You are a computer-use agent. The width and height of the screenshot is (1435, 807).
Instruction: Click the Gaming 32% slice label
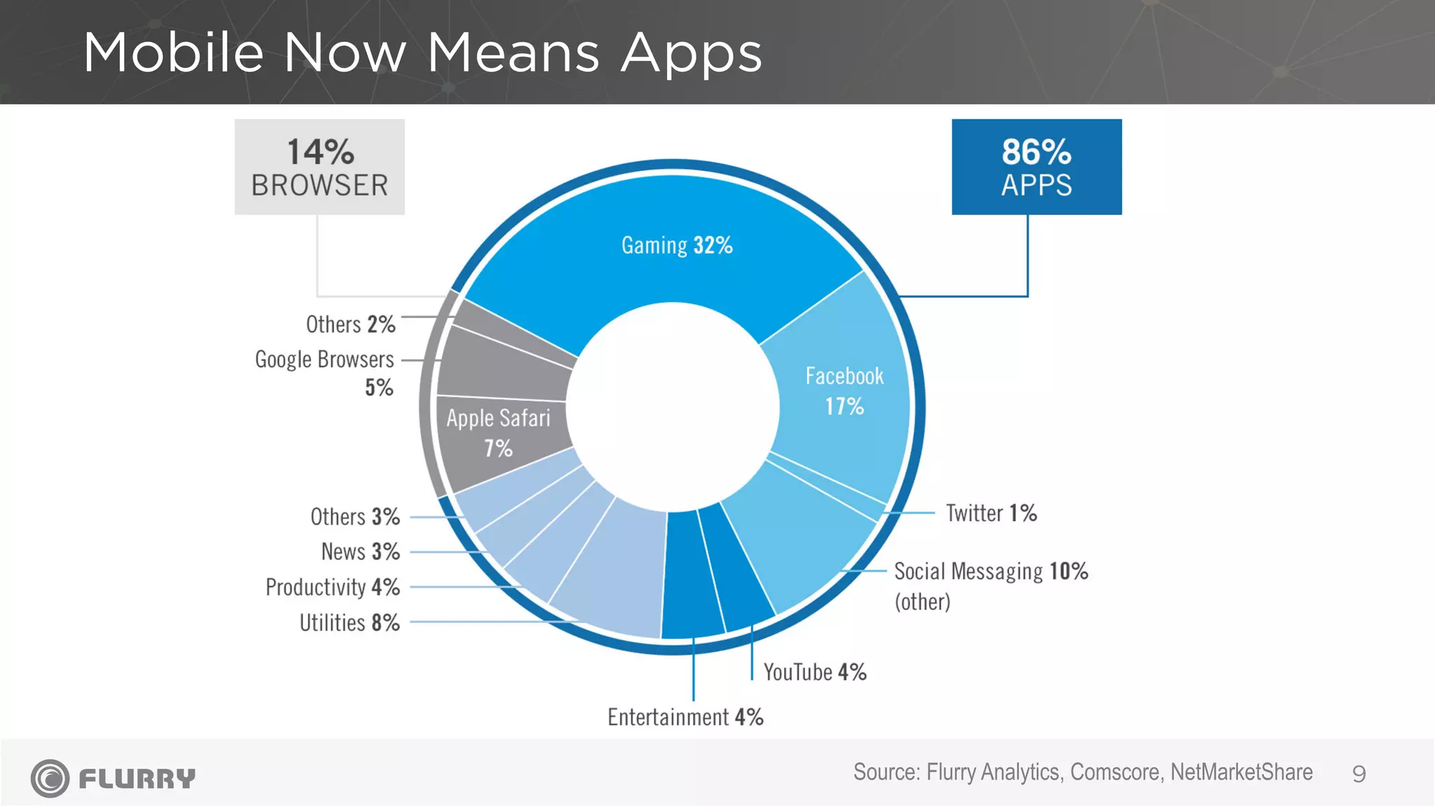(677, 245)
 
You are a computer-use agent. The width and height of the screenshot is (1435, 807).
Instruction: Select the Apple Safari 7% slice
(498, 432)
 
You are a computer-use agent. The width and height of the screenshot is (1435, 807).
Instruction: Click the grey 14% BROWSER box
(320, 167)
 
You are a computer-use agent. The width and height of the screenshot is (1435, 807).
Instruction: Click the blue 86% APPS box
(1036, 167)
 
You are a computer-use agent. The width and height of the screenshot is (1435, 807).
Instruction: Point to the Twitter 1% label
(991, 513)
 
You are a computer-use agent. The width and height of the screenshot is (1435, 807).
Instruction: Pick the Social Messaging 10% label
(990, 572)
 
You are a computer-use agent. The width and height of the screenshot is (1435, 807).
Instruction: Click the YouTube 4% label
(815, 672)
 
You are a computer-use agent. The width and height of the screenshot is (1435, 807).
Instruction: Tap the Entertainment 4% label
(685, 717)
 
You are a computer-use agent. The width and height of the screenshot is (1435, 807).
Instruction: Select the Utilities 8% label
(350, 623)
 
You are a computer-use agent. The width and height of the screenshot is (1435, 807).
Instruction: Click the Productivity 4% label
(333, 587)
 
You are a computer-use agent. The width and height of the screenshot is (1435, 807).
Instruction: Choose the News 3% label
(360, 552)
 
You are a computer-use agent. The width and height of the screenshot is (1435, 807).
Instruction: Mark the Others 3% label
(355, 517)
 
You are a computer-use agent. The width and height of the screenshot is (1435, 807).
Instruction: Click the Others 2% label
(350, 324)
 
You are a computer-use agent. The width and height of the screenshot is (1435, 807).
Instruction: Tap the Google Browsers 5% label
(324, 371)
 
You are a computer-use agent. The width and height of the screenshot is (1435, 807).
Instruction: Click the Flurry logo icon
(50, 778)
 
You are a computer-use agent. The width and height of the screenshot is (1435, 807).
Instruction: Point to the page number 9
(1359, 774)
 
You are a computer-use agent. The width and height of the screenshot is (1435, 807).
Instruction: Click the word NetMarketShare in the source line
(1241, 772)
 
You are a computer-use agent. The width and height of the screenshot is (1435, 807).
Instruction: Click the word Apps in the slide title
(691, 53)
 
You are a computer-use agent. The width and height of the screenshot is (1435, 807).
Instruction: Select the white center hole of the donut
(673, 406)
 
